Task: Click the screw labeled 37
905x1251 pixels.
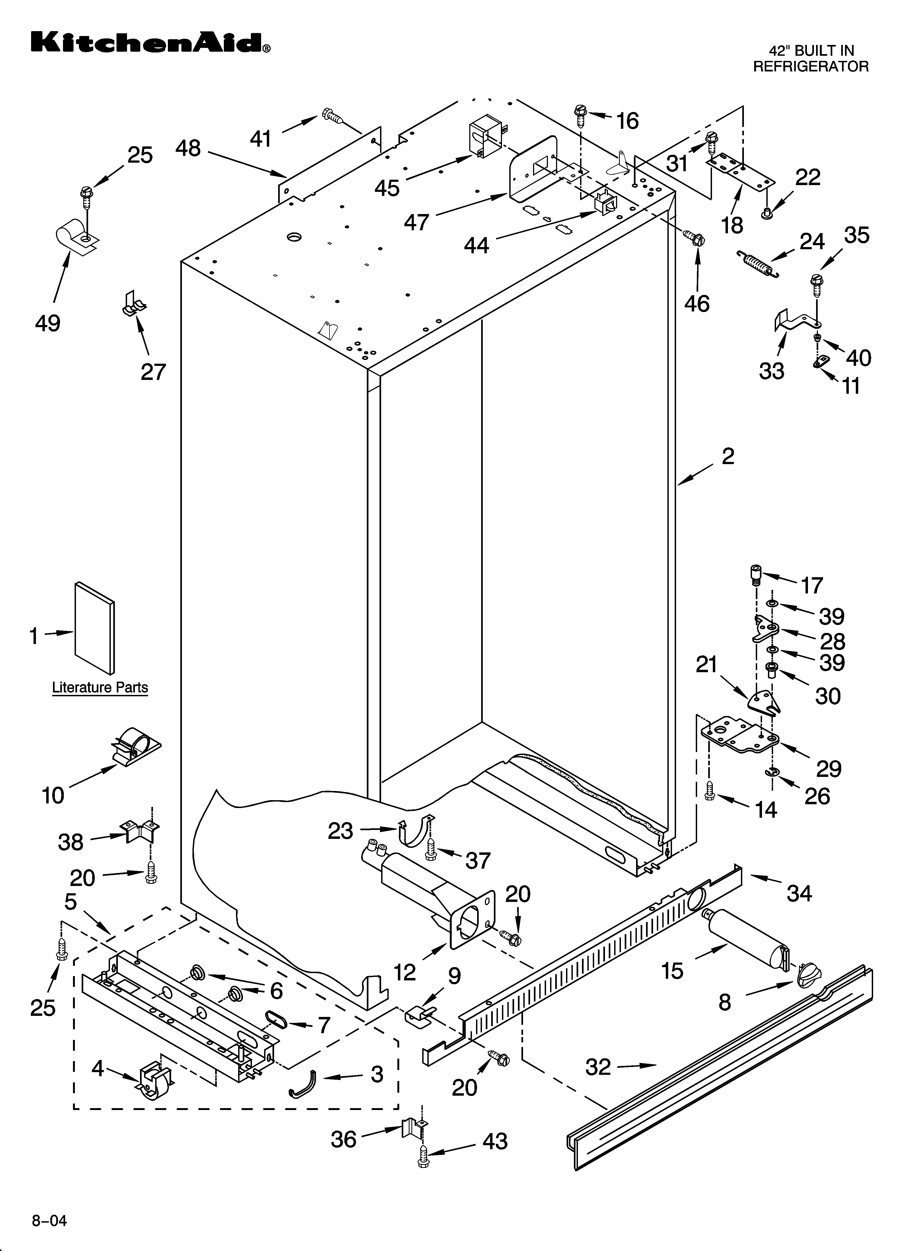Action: (431, 851)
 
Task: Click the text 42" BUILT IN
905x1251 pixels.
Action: (811, 51)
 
